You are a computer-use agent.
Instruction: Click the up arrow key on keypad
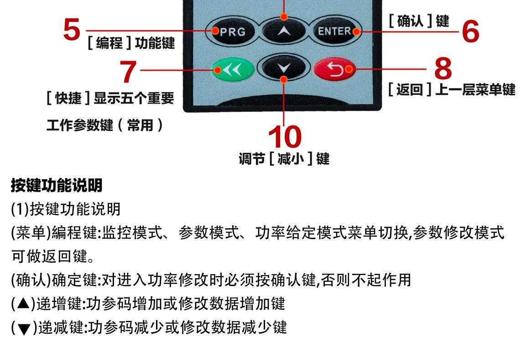tap(284, 31)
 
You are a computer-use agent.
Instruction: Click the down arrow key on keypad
tap(284, 68)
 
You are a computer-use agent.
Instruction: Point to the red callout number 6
tap(470, 32)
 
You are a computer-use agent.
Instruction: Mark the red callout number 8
tap(443, 68)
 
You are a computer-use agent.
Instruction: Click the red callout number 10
tap(284, 137)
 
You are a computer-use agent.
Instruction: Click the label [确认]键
tap(418, 21)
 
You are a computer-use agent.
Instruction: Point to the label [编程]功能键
tap(131, 43)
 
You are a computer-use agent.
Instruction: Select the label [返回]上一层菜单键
tap(451, 89)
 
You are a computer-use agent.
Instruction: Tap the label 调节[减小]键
tap(284, 159)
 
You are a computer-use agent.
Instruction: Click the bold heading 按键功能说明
tap(57, 185)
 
